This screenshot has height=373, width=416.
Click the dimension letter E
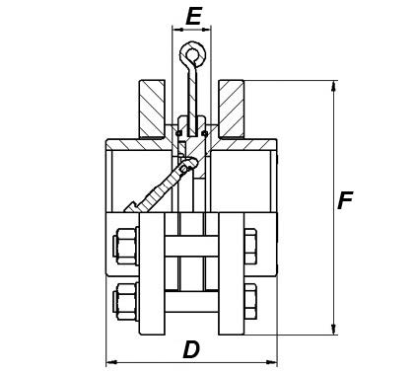click(x=193, y=17)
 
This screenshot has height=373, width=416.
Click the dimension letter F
click(x=345, y=200)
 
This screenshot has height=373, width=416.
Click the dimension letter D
click(x=191, y=349)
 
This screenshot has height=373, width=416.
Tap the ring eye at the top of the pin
click(x=193, y=54)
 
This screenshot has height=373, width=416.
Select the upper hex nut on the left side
click(x=125, y=246)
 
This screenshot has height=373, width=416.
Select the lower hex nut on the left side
click(x=125, y=301)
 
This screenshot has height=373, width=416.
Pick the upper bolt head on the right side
click(x=250, y=246)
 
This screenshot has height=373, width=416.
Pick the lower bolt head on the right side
click(x=250, y=301)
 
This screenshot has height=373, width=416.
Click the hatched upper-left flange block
click(x=152, y=109)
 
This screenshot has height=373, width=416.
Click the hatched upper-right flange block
click(x=232, y=109)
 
